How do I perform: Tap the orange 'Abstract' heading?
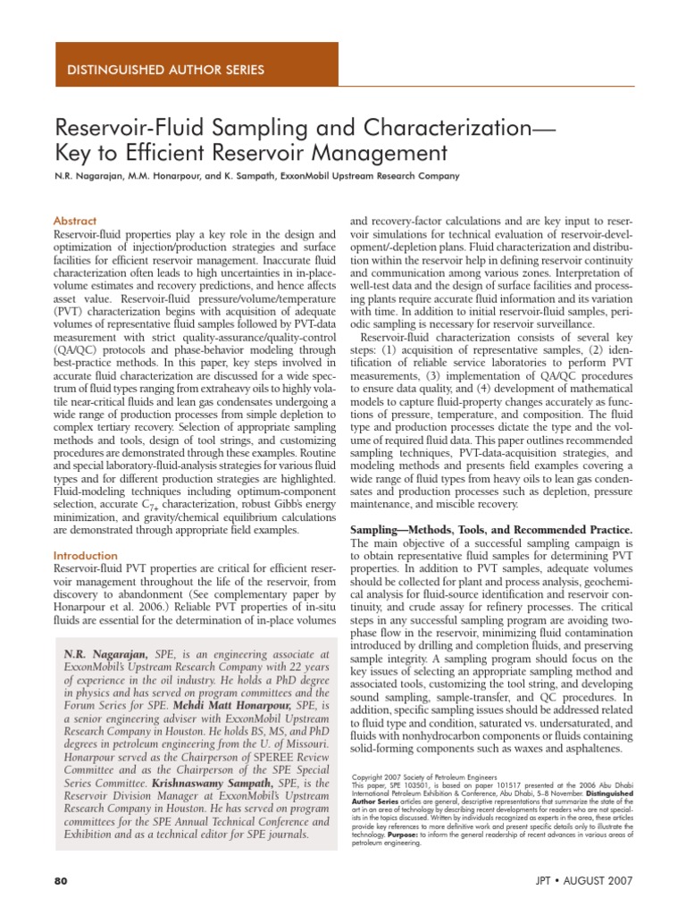[x=75, y=221]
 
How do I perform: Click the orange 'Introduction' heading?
[x=86, y=555]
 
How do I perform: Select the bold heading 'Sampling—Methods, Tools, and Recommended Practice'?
[x=489, y=530]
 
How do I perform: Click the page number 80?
[x=62, y=880]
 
